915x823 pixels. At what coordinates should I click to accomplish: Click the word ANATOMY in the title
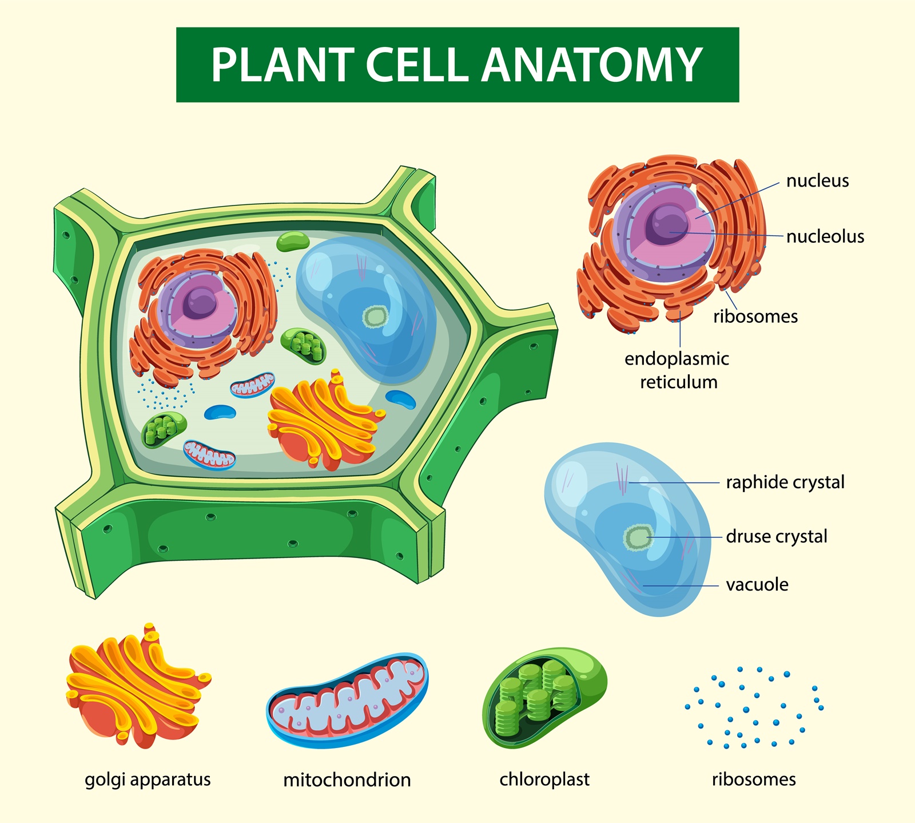tap(591, 65)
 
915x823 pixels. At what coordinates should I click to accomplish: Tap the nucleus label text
tap(817, 181)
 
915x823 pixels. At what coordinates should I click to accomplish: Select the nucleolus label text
tap(825, 236)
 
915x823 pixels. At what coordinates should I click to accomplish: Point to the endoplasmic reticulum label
tap(677, 370)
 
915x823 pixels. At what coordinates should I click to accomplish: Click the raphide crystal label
tap(785, 482)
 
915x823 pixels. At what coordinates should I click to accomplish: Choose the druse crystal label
tap(776, 537)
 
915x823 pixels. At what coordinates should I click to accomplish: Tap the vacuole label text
tap(757, 585)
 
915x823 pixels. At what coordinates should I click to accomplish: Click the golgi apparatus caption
tap(148, 780)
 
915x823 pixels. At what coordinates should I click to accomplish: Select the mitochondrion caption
tap(347, 780)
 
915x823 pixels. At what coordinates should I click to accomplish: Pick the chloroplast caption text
tap(544, 780)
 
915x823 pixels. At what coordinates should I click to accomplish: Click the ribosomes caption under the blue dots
tap(753, 780)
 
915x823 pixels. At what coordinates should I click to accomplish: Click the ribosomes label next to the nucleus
tap(755, 316)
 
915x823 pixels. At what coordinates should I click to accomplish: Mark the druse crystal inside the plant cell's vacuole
tap(375, 316)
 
